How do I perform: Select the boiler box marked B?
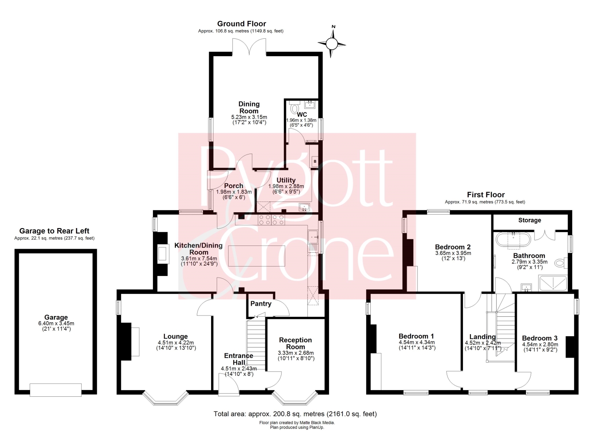(315, 161)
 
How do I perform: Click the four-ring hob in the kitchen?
(271, 220)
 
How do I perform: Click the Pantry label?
(261, 304)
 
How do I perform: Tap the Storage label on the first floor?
(529, 220)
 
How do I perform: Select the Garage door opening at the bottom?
(55, 390)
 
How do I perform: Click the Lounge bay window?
(166, 398)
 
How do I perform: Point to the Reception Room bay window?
(294, 398)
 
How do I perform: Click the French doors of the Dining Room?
(249, 47)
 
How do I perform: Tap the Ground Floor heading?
(242, 24)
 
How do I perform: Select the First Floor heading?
(486, 195)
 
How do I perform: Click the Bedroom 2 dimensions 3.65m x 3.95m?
(453, 253)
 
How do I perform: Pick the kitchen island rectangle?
(257, 256)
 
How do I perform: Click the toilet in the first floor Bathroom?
(560, 263)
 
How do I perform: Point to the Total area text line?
(295, 414)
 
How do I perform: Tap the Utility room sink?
(304, 207)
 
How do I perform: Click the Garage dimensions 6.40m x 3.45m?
(56, 324)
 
